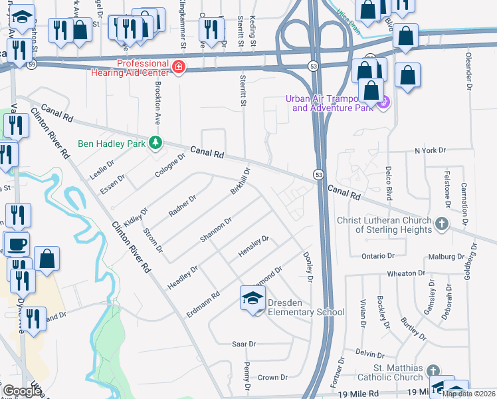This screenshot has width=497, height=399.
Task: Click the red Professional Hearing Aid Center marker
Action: (178, 66)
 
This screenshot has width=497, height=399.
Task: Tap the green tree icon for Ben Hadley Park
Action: (155, 143)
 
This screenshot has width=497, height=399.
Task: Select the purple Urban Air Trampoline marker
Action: (382, 102)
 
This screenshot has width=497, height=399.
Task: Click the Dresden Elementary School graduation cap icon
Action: (252, 300)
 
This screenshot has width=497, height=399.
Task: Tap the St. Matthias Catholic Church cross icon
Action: (433, 370)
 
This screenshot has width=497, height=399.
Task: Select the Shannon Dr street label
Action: (216, 229)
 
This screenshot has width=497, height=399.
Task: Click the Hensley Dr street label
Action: (253, 247)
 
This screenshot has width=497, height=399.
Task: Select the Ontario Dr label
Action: (379, 255)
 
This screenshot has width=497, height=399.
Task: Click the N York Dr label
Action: (430, 151)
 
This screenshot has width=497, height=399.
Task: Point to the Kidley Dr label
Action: (135, 215)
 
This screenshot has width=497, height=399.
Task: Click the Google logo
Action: (23, 392)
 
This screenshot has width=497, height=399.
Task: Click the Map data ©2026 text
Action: (468, 394)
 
